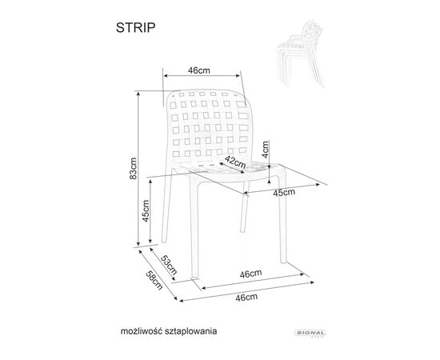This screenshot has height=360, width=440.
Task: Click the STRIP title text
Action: pos(135,27)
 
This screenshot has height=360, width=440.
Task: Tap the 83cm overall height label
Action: pos(134,168)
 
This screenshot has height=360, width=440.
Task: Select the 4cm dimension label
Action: pos(265,150)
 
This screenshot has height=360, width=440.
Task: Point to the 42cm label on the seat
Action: pos(235,162)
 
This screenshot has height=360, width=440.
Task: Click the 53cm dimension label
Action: pos(169,265)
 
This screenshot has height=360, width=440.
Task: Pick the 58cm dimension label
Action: pos(154,280)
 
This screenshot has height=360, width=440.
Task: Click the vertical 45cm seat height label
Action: pos(146,210)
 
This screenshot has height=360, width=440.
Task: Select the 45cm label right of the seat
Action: pos(284,193)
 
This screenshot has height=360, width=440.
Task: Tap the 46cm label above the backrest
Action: pos(198,70)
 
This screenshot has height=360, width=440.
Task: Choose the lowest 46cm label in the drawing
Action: pos(246,297)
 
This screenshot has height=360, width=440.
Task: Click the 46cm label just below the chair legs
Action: pos(250,274)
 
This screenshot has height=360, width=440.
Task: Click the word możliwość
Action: pos(142,331)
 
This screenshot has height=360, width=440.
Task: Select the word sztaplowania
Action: pos(191,331)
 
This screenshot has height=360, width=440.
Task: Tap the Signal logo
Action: pos(310,334)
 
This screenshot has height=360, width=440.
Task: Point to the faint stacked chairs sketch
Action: pos(300,54)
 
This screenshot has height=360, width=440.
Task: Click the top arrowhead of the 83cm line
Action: pos(138,93)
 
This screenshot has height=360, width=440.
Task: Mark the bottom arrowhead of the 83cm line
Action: pos(138,244)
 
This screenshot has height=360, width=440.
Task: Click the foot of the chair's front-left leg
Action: pos(194,277)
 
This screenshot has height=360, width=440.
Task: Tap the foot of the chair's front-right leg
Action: pos(284,262)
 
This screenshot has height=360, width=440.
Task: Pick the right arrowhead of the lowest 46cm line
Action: pos(312,282)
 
